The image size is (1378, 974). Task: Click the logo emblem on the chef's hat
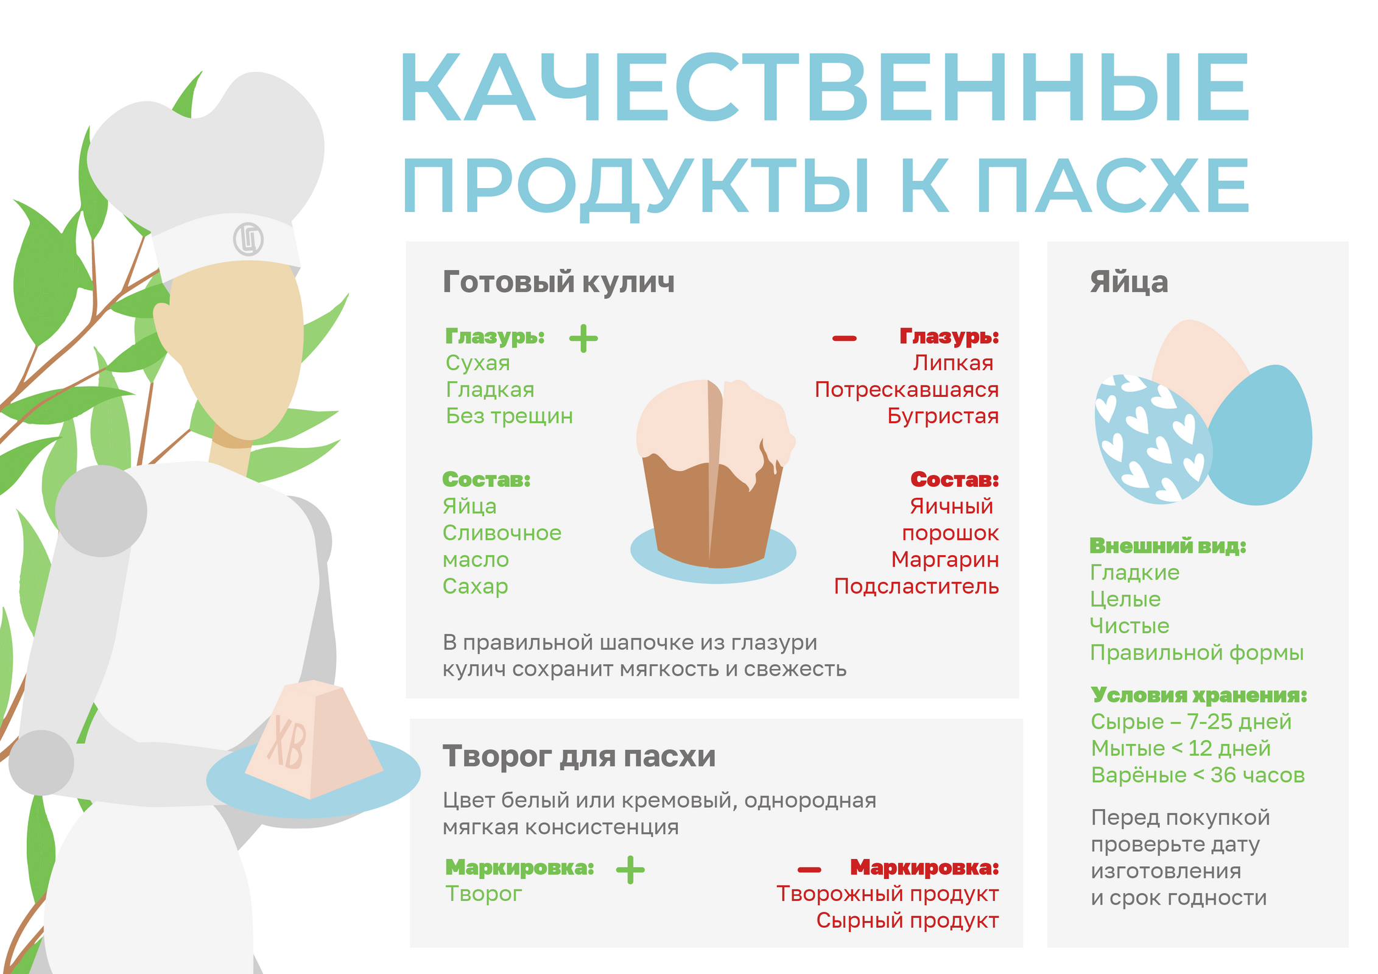(x=248, y=239)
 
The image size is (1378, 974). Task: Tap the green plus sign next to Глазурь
(x=583, y=338)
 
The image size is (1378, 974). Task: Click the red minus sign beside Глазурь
(x=845, y=338)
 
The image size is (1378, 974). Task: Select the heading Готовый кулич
(x=558, y=282)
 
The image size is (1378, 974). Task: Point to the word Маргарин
(x=945, y=559)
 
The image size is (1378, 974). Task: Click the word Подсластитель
(x=916, y=586)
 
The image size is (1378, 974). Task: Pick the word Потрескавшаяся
(x=907, y=390)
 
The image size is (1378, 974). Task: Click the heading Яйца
(x=1129, y=282)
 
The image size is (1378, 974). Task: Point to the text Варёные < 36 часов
(x=1198, y=775)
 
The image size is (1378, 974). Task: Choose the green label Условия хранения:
(x=1199, y=695)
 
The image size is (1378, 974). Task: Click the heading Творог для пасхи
(x=579, y=757)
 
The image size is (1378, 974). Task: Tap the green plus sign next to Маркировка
(x=630, y=869)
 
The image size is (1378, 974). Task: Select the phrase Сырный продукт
(x=907, y=920)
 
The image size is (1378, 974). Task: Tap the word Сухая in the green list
(x=478, y=363)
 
